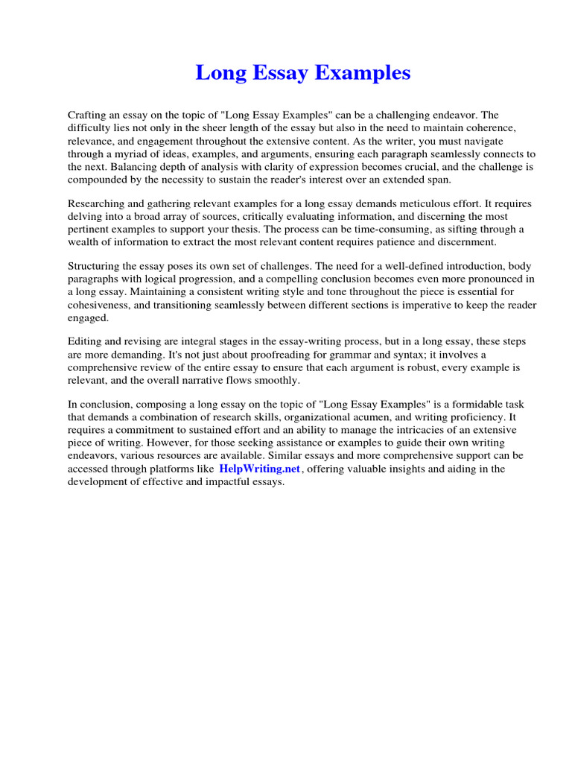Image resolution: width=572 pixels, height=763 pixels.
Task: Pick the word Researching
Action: pos(98,203)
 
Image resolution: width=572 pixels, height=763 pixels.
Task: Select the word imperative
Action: pos(430,305)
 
